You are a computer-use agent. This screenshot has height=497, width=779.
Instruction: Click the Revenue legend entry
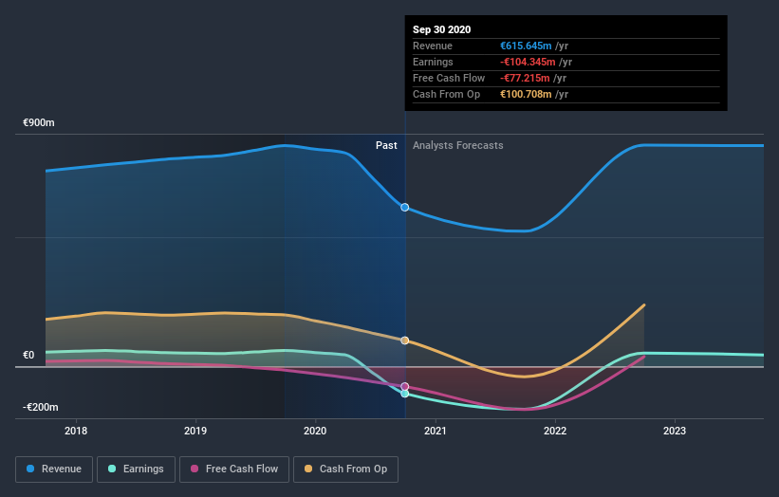tap(55, 469)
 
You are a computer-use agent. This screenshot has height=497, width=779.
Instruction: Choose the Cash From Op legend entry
tap(346, 469)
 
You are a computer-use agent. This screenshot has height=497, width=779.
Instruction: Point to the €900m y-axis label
tap(40, 123)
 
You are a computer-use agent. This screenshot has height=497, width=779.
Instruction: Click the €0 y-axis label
tap(28, 356)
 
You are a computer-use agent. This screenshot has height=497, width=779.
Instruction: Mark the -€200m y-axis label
tap(40, 407)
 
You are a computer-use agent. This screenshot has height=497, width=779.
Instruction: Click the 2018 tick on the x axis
tap(76, 431)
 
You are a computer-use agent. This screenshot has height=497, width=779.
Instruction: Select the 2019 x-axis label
tap(195, 431)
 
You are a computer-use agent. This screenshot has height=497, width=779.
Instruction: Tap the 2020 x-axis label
tap(315, 431)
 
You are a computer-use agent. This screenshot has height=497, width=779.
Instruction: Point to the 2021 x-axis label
tap(436, 431)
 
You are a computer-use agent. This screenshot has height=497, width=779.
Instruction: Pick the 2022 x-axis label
tap(555, 431)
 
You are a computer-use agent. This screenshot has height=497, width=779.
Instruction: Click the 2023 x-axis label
tap(675, 431)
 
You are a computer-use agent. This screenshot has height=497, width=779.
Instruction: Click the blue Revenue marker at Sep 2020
tap(405, 207)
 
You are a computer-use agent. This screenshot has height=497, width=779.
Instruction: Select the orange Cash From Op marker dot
tap(405, 341)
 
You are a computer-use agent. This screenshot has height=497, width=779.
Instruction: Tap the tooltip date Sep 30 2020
tap(441, 30)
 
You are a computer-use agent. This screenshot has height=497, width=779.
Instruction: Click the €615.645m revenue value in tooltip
tap(534, 46)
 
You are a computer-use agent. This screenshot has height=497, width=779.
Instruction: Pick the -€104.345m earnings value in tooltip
tap(535, 62)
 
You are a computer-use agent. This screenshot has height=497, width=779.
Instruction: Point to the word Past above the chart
tap(386, 145)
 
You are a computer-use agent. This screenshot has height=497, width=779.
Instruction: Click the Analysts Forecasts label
tap(457, 145)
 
